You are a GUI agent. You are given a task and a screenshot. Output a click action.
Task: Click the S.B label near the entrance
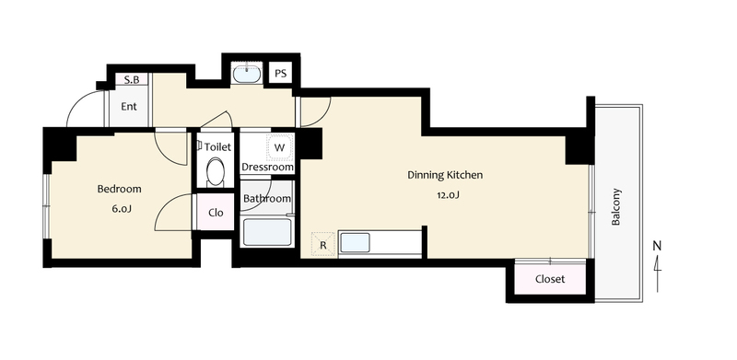coord(132,80)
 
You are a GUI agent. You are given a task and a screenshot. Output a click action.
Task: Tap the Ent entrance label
coord(129,107)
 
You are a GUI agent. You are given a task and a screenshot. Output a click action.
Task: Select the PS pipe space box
coord(281,74)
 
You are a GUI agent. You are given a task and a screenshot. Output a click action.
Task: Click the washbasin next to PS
coord(247,74)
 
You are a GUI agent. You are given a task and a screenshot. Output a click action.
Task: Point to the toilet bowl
coord(216,172)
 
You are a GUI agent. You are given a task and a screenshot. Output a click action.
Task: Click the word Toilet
coord(217,147)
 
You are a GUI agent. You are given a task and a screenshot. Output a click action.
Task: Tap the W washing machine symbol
coord(280,147)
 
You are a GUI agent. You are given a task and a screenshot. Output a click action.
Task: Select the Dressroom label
coord(267,167)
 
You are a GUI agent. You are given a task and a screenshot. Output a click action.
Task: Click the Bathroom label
coord(267,199)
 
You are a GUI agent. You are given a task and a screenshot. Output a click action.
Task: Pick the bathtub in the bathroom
coord(267,232)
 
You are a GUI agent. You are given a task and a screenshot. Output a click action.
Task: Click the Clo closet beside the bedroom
coord(216,213)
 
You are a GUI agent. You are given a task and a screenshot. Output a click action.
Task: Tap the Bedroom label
coord(120,189)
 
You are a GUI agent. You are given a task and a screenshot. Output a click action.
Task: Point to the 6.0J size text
coord(122,209)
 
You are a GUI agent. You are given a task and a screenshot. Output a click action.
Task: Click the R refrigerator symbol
coord(323,244)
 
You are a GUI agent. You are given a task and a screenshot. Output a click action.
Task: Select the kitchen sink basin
coord(355,243)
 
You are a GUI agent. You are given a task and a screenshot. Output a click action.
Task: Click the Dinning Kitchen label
coord(445,175)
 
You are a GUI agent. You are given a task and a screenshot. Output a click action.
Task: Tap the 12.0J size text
coord(449,195)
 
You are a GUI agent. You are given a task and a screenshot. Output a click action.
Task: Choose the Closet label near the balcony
coord(550,279)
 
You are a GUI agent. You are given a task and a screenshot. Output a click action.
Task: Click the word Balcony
coord(616,207)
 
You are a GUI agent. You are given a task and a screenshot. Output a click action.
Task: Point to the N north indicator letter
coord(657,245)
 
